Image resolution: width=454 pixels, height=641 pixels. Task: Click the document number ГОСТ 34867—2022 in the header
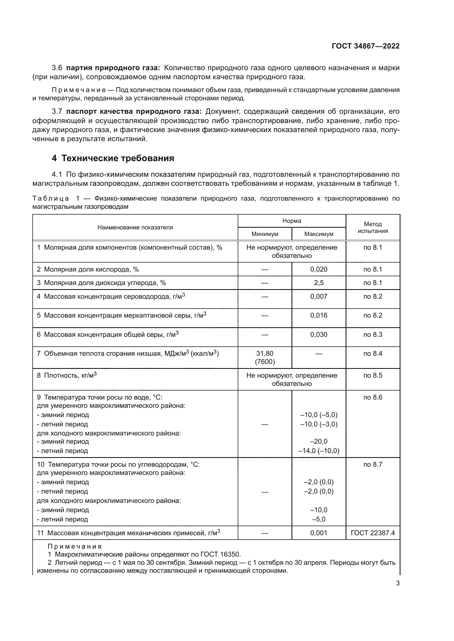(x=365, y=46)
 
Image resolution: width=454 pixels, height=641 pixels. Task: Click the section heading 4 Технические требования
(x=113, y=158)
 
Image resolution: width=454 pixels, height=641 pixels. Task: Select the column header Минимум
(x=264, y=234)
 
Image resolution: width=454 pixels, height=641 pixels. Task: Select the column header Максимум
(x=319, y=234)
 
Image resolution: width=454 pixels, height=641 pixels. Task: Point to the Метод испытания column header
(x=373, y=227)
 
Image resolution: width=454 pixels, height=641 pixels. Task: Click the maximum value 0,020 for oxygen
(x=319, y=269)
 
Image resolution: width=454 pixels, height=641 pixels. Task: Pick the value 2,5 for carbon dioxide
(x=319, y=283)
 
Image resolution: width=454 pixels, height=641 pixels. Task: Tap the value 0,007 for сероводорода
(x=319, y=297)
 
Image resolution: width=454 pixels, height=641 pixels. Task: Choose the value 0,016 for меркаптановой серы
(x=319, y=315)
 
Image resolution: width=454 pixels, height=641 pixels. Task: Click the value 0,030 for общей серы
(x=319, y=334)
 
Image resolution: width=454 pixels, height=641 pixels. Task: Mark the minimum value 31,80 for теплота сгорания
(x=264, y=354)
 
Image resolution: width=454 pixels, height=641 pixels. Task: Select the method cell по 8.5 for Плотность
(x=373, y=375)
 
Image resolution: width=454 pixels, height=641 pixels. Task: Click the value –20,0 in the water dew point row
(x=319, y=441)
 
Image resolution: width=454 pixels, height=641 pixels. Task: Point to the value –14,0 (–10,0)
(x=319, y=451)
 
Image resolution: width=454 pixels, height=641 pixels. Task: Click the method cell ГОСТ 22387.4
(x=373, y=533)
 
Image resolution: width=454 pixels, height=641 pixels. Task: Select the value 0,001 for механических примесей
(x=319, y=533)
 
